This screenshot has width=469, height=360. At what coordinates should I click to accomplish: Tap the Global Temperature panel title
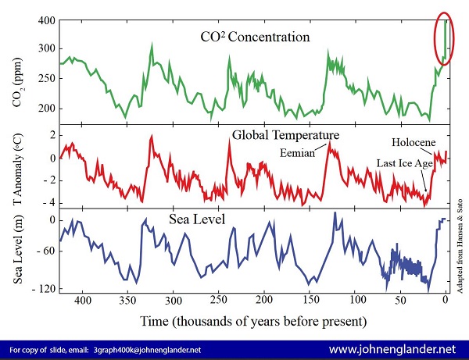[x=273, y=135]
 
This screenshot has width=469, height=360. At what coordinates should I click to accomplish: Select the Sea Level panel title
[x=196, y=219]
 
